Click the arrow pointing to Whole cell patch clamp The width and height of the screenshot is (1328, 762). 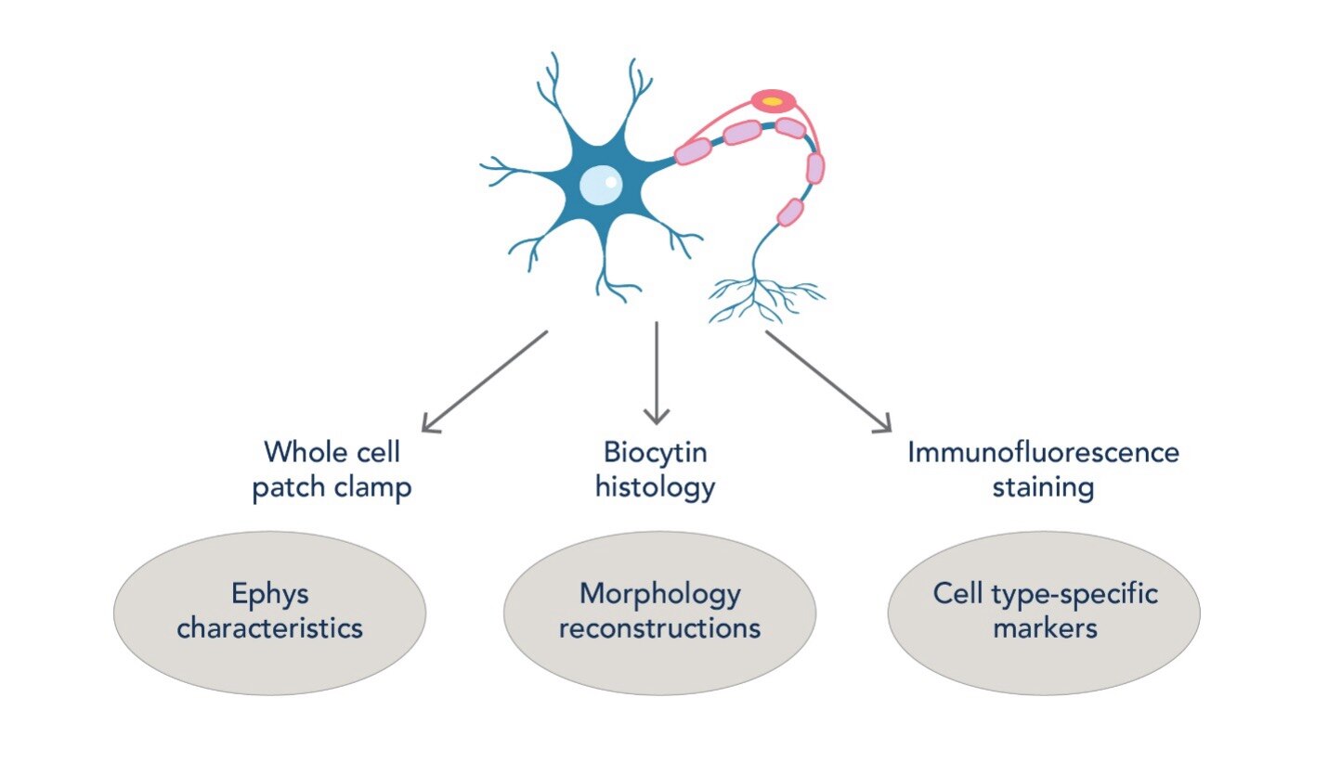(x=484, y=381)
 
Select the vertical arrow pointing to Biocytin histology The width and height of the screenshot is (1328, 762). (x=657, y=372)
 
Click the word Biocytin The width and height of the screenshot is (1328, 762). (x=656, y=454)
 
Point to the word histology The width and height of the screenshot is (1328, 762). (x=656, y=486)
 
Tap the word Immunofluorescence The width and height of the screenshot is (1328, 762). (x=1042, y=453)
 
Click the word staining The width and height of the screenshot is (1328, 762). (x=1042, y=486)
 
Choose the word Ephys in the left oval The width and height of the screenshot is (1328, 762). (x=269, y=594)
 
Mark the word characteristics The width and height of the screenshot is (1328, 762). (x=269, y=628)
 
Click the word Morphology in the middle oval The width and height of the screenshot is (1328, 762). (x=659, y=594)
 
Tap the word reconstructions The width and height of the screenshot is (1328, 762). (x=659, y=628)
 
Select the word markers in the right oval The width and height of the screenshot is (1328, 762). (x=1045, y=628)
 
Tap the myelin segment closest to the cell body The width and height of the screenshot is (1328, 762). (x=693, y=151)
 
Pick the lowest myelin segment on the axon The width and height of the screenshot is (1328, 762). (x=789, y=212)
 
